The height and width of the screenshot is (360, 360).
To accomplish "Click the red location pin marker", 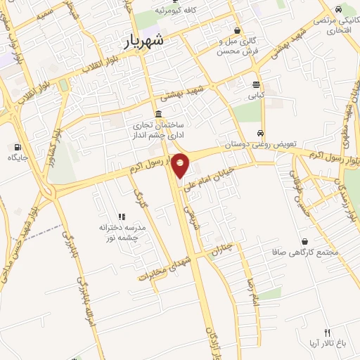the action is [x=181, y=166].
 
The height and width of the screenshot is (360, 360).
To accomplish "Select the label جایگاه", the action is [x=17, y=157].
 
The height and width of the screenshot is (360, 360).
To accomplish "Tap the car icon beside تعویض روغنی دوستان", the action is [x=261, y=133].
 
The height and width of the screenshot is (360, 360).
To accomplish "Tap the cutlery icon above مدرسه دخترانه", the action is [x=121, y=217].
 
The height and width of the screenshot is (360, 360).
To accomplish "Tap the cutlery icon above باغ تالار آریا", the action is [x=326, y=333].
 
